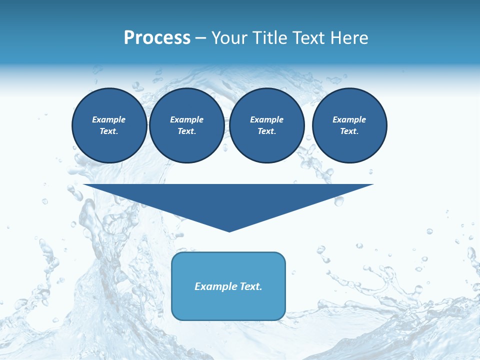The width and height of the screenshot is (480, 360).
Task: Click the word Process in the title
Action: coord(157,38)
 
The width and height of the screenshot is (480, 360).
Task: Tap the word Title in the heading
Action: coord(269,38)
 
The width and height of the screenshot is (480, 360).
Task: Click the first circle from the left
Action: coord(109,125)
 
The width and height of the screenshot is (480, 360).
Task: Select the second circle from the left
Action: coord(187,125)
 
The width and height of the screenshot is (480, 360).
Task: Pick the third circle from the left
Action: coord(267,125)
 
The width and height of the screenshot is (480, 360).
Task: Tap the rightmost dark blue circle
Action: coord(349,125)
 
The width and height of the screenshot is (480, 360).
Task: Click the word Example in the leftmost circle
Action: coord(109,119)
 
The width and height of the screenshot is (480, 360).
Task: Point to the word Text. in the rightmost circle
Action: coord(349,131)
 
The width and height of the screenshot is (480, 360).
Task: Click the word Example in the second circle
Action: coord(187,119)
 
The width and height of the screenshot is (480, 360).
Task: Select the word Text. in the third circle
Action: coord(267,131)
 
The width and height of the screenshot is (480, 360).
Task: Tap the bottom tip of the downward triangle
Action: coord(229,230)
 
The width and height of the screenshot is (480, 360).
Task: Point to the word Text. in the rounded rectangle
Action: coord(251,286)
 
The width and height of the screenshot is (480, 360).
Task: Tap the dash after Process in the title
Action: coord(201,38)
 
